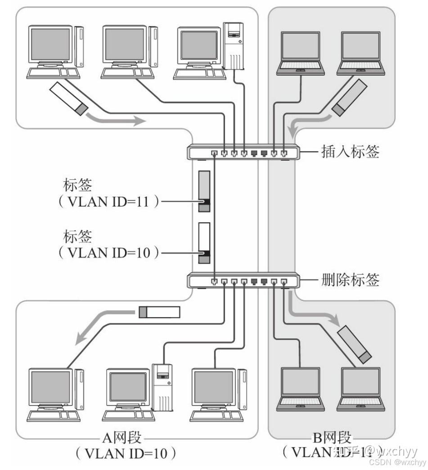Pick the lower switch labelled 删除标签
pos(243,281)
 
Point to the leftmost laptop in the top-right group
pos(301,52)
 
